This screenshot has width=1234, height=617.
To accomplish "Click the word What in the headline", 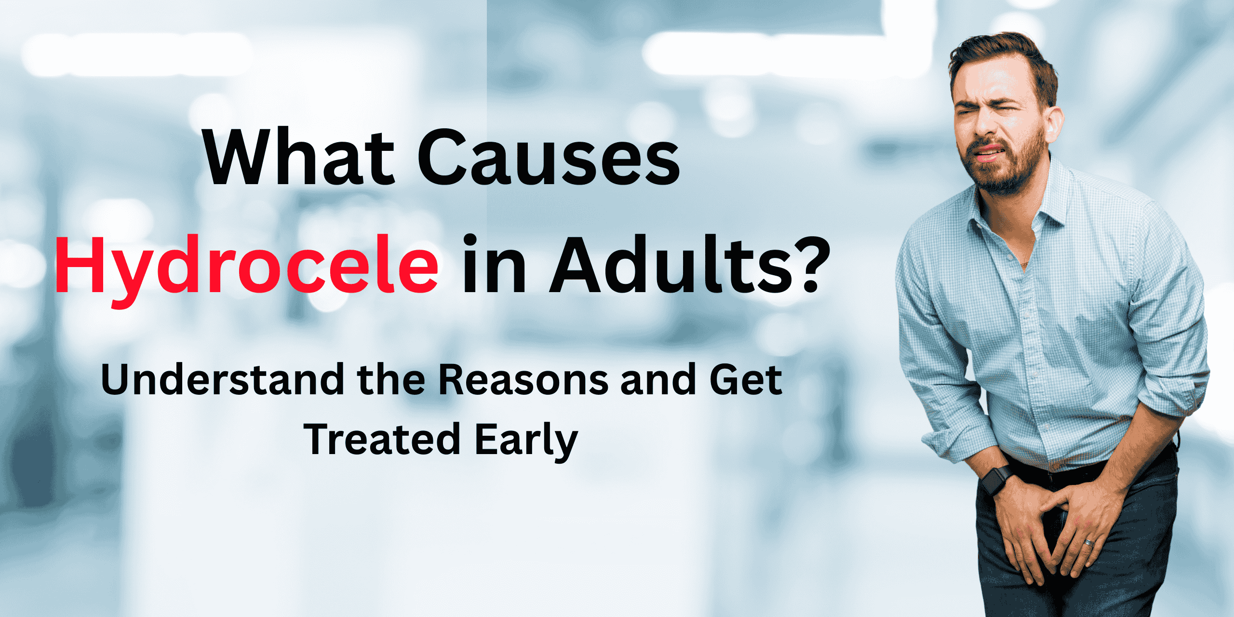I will coord(299,157).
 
